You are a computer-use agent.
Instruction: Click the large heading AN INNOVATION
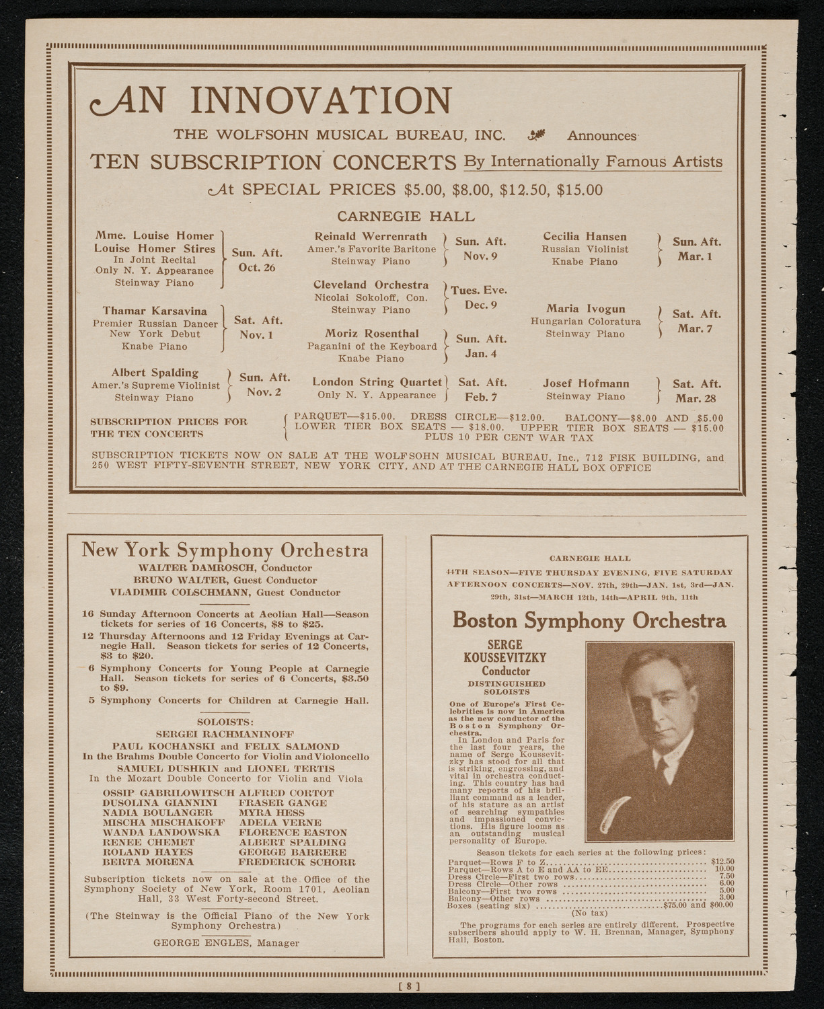point(270,100)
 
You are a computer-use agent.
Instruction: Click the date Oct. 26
point(256,268)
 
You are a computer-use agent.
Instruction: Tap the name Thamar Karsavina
point(155,311)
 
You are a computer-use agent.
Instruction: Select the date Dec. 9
point(480,305)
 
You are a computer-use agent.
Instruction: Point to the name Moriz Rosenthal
point(372,334)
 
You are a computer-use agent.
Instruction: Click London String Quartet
point(377,382)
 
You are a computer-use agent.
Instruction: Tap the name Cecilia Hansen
point(585,237)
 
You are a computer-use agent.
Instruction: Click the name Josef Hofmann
point(586,383)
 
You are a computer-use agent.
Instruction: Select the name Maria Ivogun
point(585,309)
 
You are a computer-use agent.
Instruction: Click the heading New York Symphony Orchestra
point(225,550)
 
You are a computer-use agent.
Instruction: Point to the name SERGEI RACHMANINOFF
point(225,735)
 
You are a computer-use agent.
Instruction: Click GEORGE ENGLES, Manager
point(226,943)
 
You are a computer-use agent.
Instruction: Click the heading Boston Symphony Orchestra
point(589,620)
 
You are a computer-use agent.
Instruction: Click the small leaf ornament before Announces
point(536,135)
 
